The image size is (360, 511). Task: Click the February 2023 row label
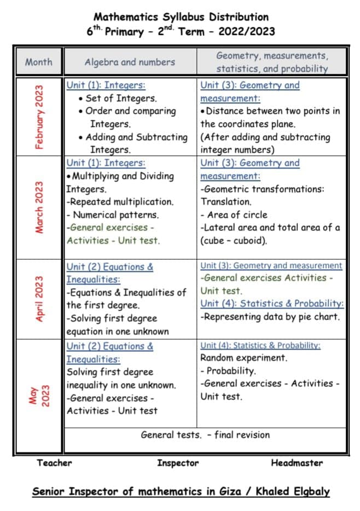point(39,117)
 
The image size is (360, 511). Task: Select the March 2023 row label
point(39,207)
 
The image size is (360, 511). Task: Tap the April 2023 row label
point(39,299)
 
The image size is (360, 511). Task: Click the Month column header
point(39,62)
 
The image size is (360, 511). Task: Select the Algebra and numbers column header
point(130,62)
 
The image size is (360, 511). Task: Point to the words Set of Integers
point(121,98)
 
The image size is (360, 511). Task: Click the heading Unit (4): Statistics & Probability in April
point(272,303)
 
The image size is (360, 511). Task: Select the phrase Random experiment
point(243,358)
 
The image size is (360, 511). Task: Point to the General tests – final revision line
point(205,435)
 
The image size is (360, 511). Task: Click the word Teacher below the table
point(54,463)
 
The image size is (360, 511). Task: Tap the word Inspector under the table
point(178,463)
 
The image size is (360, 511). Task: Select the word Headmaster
point(297,463)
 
